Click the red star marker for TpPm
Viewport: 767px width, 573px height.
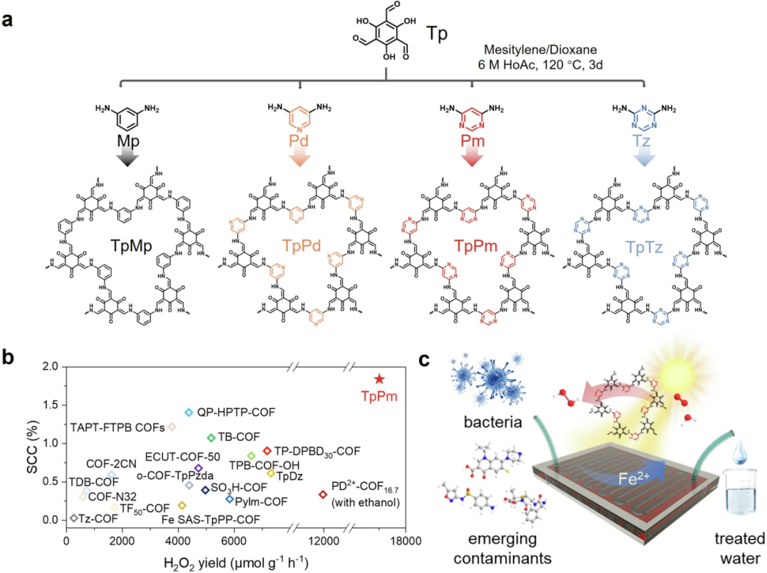(x=380, y=380)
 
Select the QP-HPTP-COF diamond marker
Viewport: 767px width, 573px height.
(x=189, y=412)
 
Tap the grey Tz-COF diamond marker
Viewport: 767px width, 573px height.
(x=74, y=518)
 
